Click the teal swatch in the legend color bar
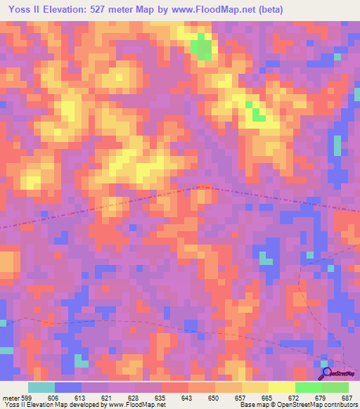tap(41, 387)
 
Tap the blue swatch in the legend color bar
tap(68, 387)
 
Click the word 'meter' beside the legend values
tap(9, 397)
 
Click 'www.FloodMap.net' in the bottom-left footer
tap(135, 405)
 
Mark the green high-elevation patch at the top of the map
tap(203, 47)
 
